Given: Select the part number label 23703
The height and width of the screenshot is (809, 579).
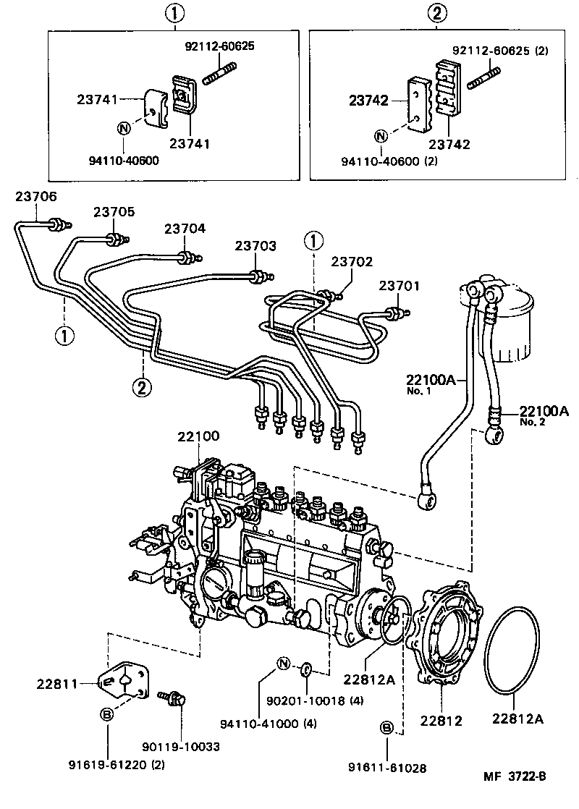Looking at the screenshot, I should [x=255, y=246].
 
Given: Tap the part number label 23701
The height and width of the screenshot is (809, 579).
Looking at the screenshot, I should [x=399, y=286].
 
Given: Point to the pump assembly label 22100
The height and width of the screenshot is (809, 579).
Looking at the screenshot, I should [x=198, y=436].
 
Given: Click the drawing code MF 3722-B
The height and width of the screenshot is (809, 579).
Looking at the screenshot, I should [x=515, y=777].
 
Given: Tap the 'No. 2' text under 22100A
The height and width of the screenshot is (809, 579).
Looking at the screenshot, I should [x=532, y=423].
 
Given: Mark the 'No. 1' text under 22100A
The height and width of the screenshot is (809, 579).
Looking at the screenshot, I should [x=418, y=391].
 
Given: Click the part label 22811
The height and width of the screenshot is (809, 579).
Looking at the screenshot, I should [x=57, y=682].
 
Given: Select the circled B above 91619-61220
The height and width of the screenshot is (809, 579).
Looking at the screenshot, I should [x=106, y=715].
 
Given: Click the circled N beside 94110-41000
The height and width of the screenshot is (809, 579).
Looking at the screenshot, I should [x=283, y=663].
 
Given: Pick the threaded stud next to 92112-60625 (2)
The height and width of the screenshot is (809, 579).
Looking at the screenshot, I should [x=483, y=75].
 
